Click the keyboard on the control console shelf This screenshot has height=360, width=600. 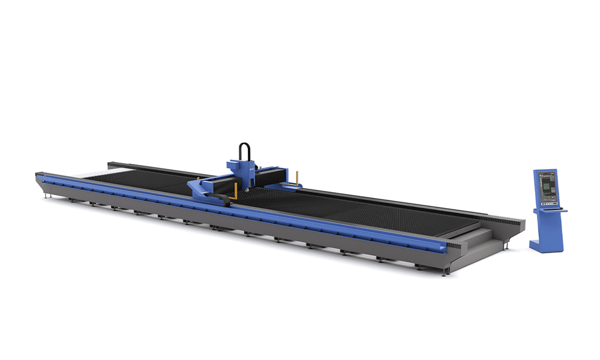[550, 208]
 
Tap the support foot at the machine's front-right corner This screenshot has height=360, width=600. [445, 272]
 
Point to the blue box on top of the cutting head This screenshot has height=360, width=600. [238, 163]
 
